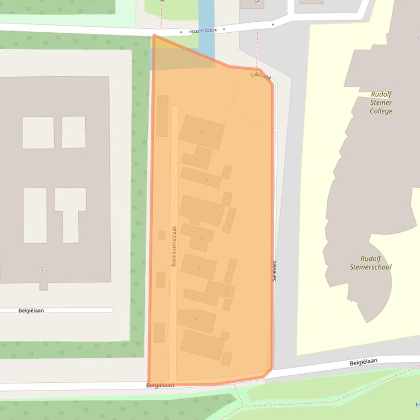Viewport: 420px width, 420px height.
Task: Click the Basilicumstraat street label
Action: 174,247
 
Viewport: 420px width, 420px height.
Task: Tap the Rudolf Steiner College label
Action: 381,103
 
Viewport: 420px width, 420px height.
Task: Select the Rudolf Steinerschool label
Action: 370,263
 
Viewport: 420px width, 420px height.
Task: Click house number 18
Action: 202,133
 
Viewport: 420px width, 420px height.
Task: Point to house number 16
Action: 196,160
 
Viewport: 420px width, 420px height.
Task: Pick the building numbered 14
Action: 206,181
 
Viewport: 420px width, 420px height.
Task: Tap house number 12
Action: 202,211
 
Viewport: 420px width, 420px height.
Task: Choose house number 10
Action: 202,238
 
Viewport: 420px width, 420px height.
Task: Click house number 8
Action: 199,267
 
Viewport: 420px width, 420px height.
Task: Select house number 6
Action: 217,289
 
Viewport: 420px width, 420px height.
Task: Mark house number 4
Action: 196,319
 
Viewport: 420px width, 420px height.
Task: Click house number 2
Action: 203,345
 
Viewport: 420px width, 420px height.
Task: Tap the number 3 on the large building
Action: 42,269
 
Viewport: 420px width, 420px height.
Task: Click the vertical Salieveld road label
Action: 274,271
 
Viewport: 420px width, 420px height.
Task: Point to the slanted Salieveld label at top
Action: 261,76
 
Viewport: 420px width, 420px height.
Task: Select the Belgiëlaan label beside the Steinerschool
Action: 363,362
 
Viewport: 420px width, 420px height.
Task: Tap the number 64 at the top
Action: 257,2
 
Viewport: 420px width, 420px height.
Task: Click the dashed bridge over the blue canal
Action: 203,31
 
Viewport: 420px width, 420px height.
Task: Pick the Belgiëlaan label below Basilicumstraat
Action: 160,385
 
